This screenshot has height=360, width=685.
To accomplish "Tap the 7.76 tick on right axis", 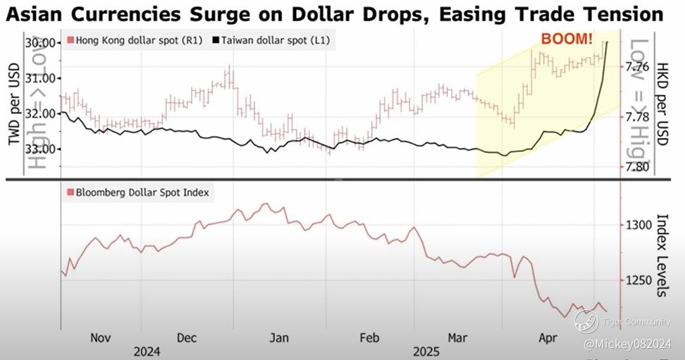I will tap(636, 67).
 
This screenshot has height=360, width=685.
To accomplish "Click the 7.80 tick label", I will tap(636, 167).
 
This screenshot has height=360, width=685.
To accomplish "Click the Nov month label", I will tap(101, 337).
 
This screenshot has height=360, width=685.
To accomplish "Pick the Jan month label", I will tap(279, 337).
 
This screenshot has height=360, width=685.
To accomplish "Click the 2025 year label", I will tap(426, 351).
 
